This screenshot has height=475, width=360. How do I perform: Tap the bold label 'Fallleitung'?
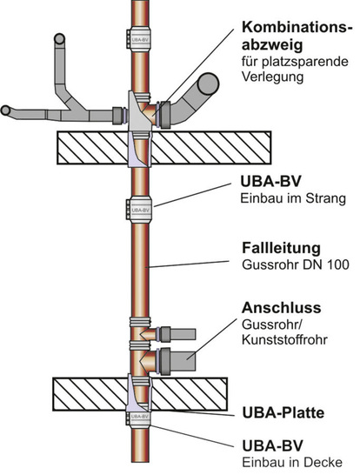pyautogui.click(x=280, y=247)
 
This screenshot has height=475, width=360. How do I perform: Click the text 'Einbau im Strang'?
pyautogui.click(x=292, y=199)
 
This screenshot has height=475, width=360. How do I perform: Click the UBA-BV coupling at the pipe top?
pyautogui.click(x=139, y=37)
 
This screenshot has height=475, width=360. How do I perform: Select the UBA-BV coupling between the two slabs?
pyautogui.click(x=139, y=209)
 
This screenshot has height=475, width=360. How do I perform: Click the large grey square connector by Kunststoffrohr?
pyautogui.click(x=192, y=357)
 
